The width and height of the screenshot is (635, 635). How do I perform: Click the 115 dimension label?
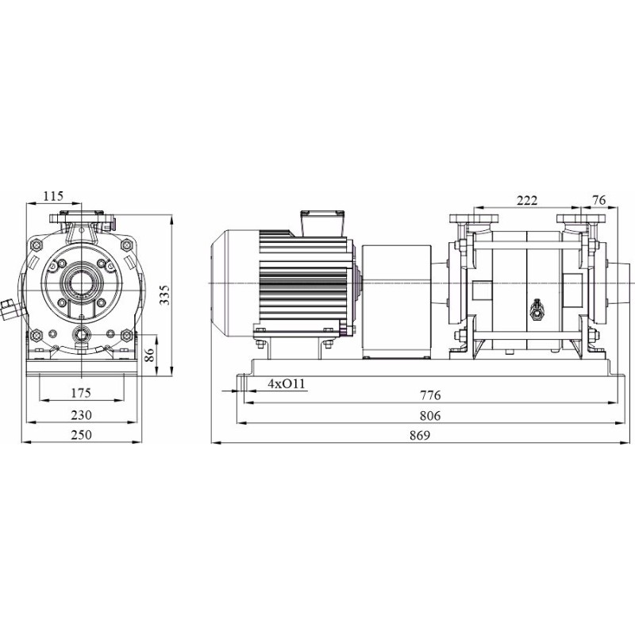point(54,196)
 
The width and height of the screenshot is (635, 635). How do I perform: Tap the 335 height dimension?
point(164,294)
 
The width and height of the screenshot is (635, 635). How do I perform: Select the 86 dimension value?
point(150,355)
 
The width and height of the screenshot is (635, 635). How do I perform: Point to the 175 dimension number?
point(81,392)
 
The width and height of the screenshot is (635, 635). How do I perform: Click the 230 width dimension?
point(82,414)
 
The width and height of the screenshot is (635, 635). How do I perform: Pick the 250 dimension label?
point(82,434)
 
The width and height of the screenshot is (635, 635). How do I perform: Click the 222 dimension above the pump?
point(527,200)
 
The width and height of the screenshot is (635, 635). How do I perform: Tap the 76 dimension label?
point(599,200)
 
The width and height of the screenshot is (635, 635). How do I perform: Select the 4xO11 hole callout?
point(286,383)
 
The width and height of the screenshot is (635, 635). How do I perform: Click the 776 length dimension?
point(430,394)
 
